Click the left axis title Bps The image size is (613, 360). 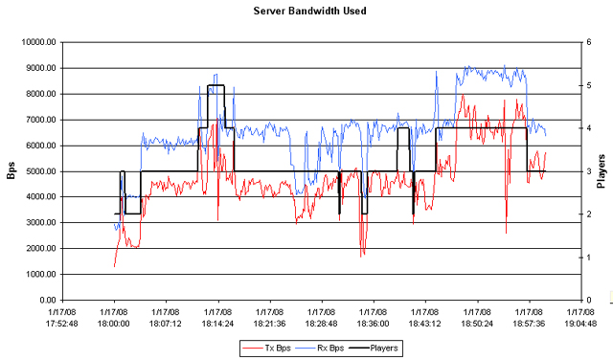[11, 171]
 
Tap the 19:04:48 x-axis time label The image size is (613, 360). [579, 324]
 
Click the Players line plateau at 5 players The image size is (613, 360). [216, 85]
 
